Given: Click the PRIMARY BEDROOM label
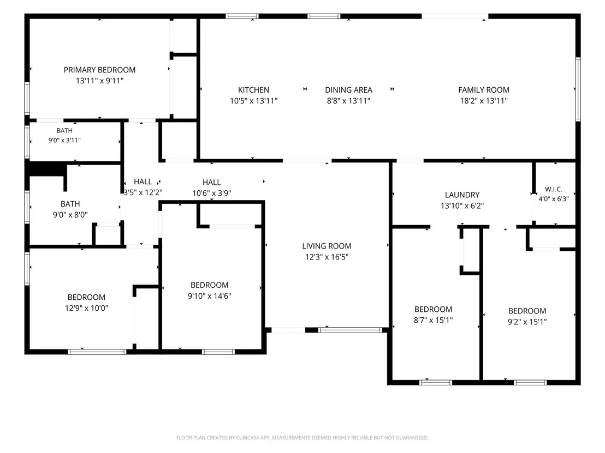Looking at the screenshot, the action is [x=99, y=70].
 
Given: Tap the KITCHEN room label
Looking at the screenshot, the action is [x=253, y=90].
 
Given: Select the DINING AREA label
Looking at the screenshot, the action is [x=348, y=90].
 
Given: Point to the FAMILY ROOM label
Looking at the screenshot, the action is [x=483, y=90].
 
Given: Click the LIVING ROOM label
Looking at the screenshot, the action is [x=327, y=246].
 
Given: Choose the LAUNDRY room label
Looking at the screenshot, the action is [x=462, y=195].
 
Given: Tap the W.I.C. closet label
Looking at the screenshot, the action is [x=553, y=189].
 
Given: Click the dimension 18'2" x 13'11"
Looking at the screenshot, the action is [x=483, y=100].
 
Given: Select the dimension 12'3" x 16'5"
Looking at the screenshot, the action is [x=327, y=257].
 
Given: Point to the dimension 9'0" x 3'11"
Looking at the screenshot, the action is [x=64, y=140].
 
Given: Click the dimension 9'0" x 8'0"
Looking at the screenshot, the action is [x=70, y=215].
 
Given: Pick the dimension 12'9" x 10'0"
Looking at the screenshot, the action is [x=86, y=308].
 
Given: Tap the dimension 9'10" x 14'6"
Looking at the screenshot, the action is [x=210, y=296].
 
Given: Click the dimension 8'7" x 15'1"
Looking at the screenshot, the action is [x=434, y=320].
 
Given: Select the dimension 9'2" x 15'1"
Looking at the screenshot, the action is [x=527, y=322].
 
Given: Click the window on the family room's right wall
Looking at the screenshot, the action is [x=578, y=89].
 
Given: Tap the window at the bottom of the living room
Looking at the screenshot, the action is [x=350, y=330].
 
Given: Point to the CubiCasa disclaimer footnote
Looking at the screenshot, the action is [x=302, y=438].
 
